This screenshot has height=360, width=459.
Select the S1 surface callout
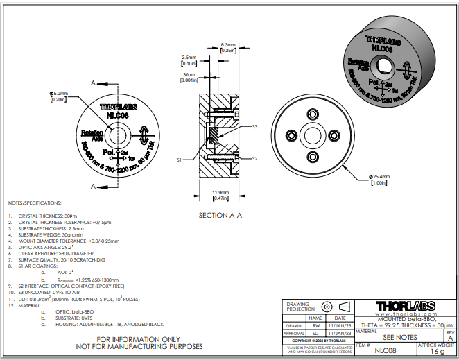coord(179,160)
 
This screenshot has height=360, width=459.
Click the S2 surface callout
coord(254,158)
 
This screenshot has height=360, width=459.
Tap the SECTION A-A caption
coord(220,215)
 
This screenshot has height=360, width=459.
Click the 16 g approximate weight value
coord(436,352)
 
